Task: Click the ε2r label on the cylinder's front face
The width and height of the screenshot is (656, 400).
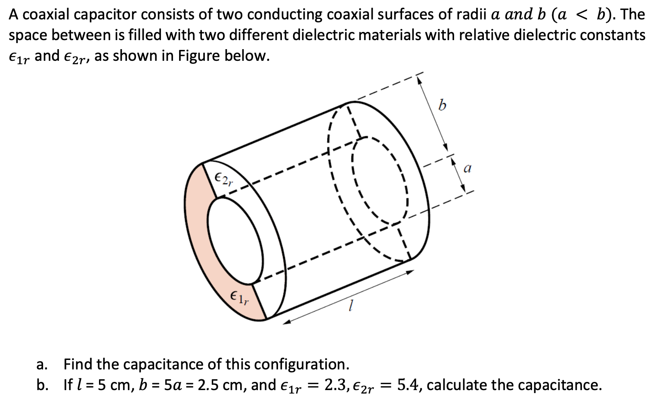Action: [x=223, y=178]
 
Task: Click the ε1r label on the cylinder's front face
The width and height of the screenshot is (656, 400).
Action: [x=239, y=297]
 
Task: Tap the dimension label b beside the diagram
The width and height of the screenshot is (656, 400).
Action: [x=442, y=105]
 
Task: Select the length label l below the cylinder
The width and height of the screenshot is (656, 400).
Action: [x=351, y=306]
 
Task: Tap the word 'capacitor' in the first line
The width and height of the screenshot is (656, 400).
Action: [x=102, y=15]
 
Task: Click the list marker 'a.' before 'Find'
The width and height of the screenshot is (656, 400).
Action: [x=42, y=365]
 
